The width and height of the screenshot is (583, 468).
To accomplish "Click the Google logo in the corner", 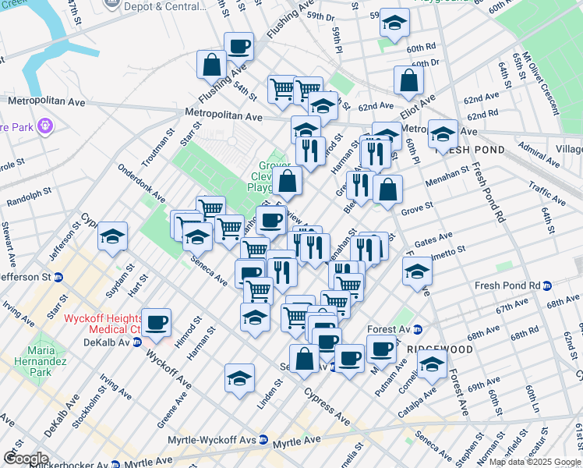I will coord(26,459).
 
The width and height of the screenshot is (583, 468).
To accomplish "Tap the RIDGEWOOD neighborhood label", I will coord(446,350).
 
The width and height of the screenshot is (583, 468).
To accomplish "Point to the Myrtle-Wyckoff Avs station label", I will coord(210,441).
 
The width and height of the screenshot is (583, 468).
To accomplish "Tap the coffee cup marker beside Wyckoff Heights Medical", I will coord(157,323).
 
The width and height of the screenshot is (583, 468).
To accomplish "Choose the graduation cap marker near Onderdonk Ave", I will coord(112,236).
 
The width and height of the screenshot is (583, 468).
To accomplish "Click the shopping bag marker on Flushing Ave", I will coord(211,65).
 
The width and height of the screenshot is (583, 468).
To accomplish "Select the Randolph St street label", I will coord(29,197).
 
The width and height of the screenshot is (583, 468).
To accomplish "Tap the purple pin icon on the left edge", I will coord(45,125).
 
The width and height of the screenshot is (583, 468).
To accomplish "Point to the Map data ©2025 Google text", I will coord(534,461).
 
